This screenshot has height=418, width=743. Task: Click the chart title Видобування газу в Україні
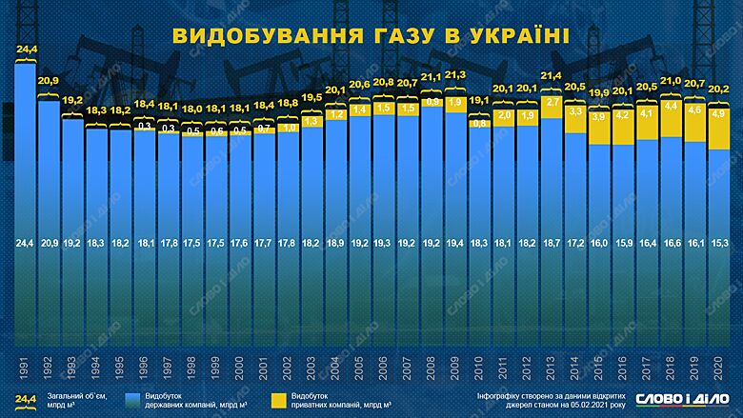pos(371,36)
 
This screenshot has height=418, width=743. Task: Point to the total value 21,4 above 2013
pos(551,74)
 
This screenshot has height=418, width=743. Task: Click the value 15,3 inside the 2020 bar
pos(718,245)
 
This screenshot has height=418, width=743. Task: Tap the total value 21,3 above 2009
pos(455,74)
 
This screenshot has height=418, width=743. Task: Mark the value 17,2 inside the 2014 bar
pos(575,245)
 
